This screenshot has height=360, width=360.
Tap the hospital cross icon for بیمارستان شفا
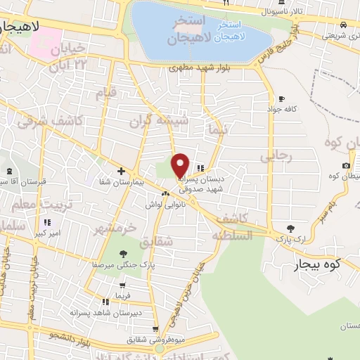click(x=121, y=171)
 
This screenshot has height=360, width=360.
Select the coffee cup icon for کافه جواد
click(x=282, y=98)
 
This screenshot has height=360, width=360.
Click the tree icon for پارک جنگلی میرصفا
click(x=124, y=254)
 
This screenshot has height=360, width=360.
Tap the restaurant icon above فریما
click(x=124, y=285)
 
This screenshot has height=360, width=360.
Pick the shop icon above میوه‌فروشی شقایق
click(x=155, y=329)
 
